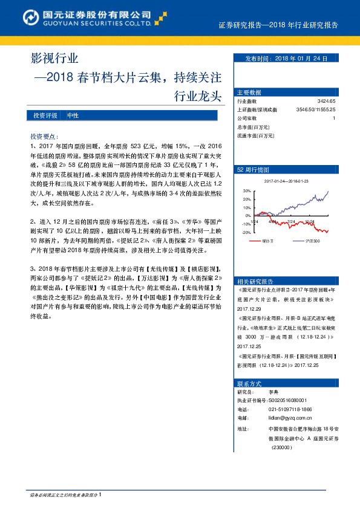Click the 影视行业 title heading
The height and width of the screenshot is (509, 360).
pos(54,59)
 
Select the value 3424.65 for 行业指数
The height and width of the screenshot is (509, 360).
pos(326,102)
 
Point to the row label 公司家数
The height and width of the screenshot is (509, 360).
pos(247,118)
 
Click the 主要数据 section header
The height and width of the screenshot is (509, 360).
pos(249,92)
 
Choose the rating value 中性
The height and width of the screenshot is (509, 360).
pos(73,115)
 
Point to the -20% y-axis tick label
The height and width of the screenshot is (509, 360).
pos(246,232)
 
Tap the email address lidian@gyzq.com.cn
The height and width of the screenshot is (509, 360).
pos(289,417)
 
